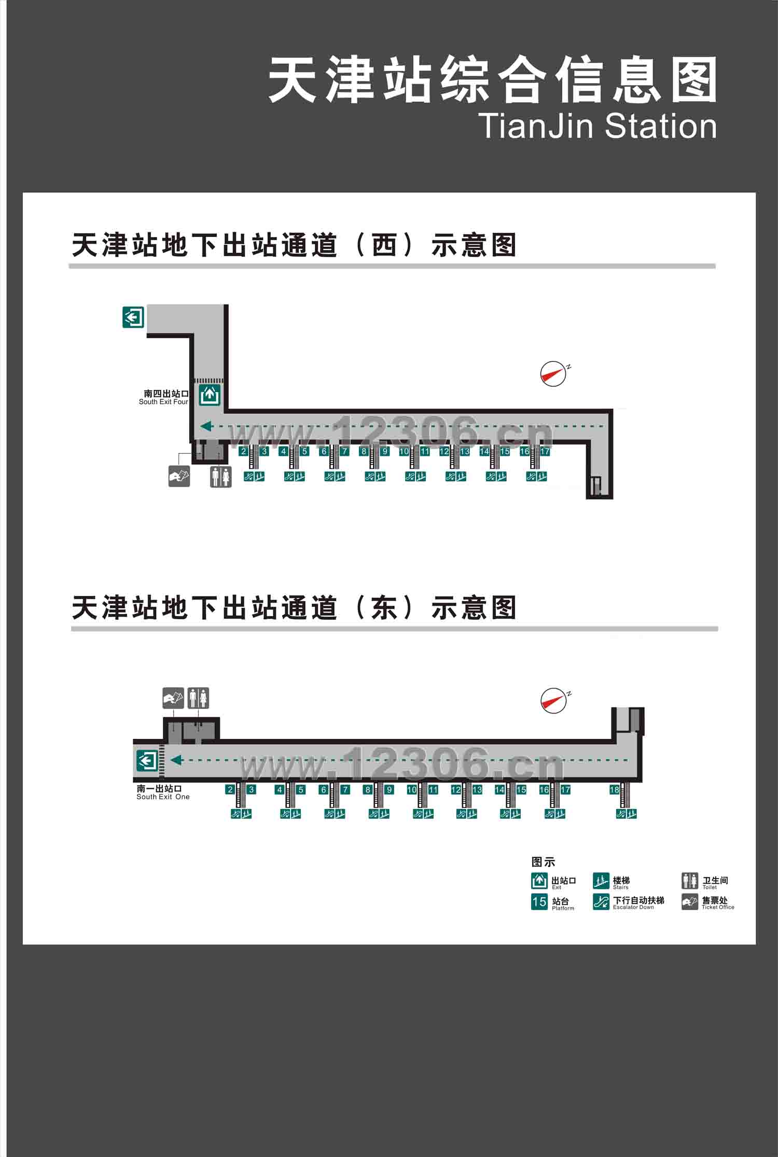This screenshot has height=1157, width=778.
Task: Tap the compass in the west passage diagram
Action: pyautogui.click(x=553, y=373)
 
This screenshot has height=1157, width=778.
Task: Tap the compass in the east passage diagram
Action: pyautogui.click(x=553, y=701)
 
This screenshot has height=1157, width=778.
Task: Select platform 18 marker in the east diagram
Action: pyautogui.click(x=614, y=789)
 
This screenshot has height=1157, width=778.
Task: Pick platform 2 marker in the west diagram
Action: pyautogui.click(x=243, y=451)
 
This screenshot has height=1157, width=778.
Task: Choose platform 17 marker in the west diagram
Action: pyautogui.click(x=545, y=451)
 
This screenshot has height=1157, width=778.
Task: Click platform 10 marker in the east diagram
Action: pyautogui.click(x=412, y=789)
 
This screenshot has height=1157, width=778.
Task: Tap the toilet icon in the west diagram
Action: pyautogui.click(x=220, y=477)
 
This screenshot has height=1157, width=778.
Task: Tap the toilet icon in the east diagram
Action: pyautogui.click(x=198, y=698)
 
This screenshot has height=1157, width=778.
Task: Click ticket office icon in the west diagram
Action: pyautogui.click(x=179, y=476)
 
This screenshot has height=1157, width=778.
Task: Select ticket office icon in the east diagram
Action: pyautogui.click(x=173, y=698)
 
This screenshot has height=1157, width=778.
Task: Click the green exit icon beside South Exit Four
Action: pyautogui.click(x=210, y=395)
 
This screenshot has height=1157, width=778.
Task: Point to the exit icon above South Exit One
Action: pyautogui.click(x=147, y=761)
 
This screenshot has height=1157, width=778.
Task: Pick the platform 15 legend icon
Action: pyautogui.click(x=539, y=902)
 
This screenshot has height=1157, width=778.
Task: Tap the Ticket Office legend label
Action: pyautogui.click(x=717, y=902)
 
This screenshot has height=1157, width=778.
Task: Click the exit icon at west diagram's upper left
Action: pyautogui.click(x=133, y=317)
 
